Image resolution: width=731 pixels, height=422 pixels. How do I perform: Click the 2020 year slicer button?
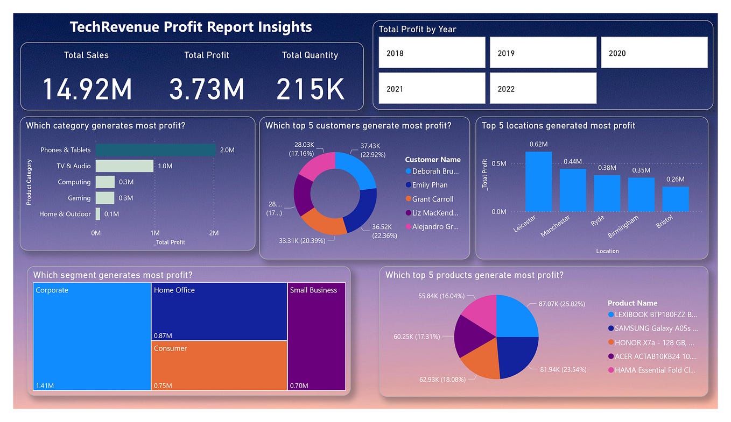(654, 53)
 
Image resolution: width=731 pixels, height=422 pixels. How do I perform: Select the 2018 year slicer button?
(432, 53)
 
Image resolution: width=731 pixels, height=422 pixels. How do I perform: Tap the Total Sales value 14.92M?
(87, 89)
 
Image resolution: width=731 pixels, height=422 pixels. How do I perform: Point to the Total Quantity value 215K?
(310, 89)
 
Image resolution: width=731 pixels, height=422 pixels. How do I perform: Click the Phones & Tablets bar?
(156, 150)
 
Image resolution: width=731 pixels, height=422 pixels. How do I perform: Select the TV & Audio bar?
(124, 166)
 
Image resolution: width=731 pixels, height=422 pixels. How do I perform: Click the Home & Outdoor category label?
(65, 214)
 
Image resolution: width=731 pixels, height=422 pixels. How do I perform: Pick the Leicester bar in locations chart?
(538, 182)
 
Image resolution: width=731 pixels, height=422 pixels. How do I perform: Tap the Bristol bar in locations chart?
(676, 199)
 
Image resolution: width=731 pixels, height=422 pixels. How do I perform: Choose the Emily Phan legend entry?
(430, 185)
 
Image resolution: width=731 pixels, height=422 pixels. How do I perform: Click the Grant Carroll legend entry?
(433, 199)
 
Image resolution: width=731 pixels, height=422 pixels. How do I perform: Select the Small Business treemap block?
(317, 336)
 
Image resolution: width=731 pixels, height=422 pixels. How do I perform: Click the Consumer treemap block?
(219, 366)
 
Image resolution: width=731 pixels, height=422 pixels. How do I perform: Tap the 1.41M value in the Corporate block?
(45, 385)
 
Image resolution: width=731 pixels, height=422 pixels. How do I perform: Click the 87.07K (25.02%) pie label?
(560, 304)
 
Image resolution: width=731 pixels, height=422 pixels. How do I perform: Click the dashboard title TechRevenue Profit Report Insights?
(191, 27)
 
